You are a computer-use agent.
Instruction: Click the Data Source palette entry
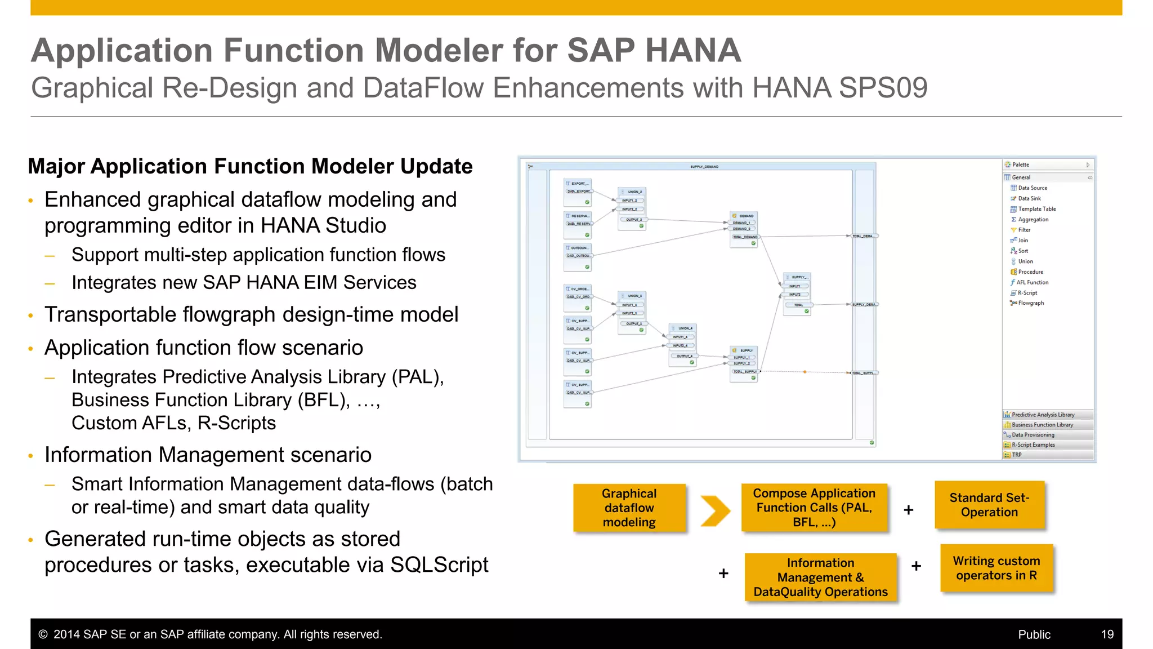pyautogui.click(x=1032, y=188)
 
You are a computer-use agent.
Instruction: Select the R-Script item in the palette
pyautogui.click(x=1027, y=293)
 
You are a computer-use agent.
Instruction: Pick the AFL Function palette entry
pyautogui.click(x=1032, y=282)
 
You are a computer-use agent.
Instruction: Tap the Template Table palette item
pyautogui.click(x=1036, y=209)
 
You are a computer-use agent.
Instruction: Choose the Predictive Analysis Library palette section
pyautogui.click(x=1043, y=415)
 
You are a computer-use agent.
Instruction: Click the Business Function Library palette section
pyautogui.click(x=1042, y=425)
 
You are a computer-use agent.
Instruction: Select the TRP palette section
pyautogui.click(x=1017, y=455)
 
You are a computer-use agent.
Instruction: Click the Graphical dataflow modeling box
pyautogui.click(x=629, y=508)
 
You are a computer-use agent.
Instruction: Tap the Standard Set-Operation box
pyautogui.click(x=989, y=505)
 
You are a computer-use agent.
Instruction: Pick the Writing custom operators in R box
pyautogui.click(x=996, y=568)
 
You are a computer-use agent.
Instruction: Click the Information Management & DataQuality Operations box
pyautogui.click(x=820, y=577)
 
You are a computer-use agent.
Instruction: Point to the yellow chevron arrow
pyautogui.click(x=715, y=510)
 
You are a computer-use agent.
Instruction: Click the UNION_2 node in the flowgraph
pyautogui.click(x=632, y=192)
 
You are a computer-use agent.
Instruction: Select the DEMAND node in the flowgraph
pyautogui.click(x=744, y=216)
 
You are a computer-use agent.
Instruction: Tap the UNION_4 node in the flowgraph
pyautogui.click(x=683, y=328)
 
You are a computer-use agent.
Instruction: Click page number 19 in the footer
pyautogui.click(x=1107, y=634)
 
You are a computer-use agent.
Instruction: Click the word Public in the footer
pyautogui.click(x=1034, y=634)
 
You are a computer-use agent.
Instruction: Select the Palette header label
pyautogui.click(x=1020, y=165)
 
